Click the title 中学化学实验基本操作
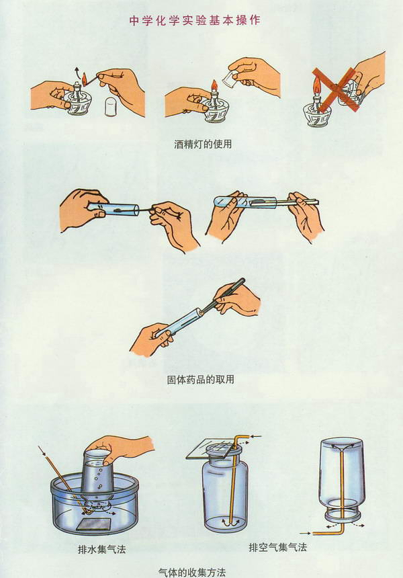click(195, 20)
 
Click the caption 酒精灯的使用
click(203, 144)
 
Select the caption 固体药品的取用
click(200, 379)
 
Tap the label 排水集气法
click(101, 549)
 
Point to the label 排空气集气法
click(278, 547)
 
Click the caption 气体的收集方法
click(192, 572)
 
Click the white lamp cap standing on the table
click(111, 107)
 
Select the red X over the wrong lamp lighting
click(336, 89)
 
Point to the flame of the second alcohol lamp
click(214, 86)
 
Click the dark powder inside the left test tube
click(120, 210)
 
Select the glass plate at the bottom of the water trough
click(94, 524)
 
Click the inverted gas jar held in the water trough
click(96, 473)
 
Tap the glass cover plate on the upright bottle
click(214, 449)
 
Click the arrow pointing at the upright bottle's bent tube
click(256, 437)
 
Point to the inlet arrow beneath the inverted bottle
click(306, 533)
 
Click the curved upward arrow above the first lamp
click(76, 71)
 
